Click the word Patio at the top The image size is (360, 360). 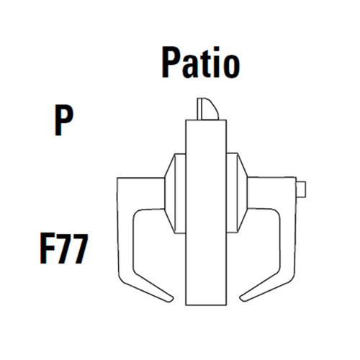tap(199, 64)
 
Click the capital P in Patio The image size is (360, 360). tap(170, 64)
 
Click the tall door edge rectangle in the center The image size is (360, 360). tap(207, 216)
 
